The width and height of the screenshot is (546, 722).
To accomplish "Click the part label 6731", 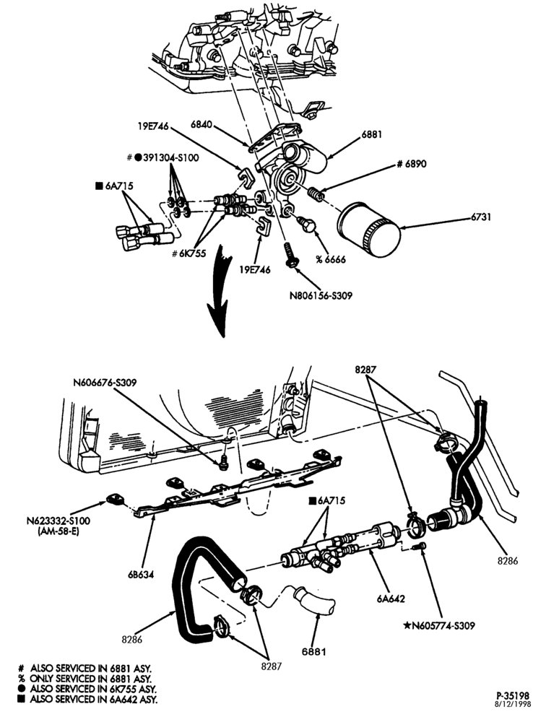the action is click(x=480, y=217).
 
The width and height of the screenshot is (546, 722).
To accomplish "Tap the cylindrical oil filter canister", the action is click(x=369, y=230).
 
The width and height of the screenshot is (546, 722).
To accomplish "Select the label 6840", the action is click(x=201, y=124).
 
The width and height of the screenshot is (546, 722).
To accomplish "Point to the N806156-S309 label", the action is click(x=321, y=295).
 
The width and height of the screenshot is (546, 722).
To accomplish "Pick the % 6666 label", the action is click(x=330, y=259).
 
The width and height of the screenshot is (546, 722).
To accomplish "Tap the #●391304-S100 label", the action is click(x=162, y=157).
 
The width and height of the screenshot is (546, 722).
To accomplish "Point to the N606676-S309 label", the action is click(x=105, y=382).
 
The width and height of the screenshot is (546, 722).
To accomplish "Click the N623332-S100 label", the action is click(x=58, y=521).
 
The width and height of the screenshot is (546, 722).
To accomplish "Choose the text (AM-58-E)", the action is click(x=58, y=530).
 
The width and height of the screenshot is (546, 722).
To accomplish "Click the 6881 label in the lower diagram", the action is click(x=314, y=651).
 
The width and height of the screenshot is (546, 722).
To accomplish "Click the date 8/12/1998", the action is click(x=513, y=703).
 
